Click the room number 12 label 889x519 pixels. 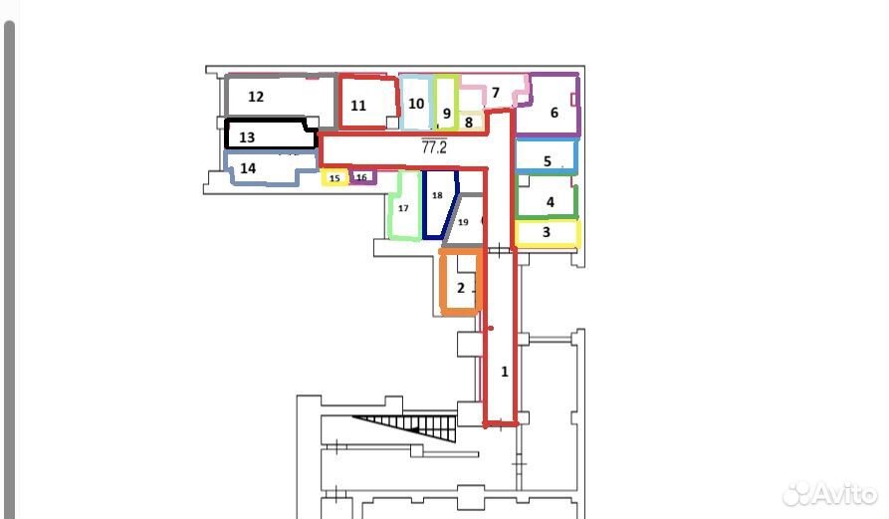tap(256, 97)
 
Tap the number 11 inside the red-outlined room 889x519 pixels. tap(358, 106)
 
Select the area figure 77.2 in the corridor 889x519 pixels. tap(434, 147)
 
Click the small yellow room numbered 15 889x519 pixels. tap(334, 177)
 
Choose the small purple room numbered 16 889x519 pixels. tap(362, 177)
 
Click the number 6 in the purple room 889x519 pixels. tap(555, 113)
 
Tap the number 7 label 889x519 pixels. tap(496, 93)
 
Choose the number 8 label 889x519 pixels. tap(468, 122)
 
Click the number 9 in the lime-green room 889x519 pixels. tap(447, 114)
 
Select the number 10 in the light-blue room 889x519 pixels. tap(416, 104)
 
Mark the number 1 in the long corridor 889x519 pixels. tap(505, 373)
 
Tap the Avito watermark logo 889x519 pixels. tap(830, 494)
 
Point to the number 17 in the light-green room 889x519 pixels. tap(403, 208)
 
